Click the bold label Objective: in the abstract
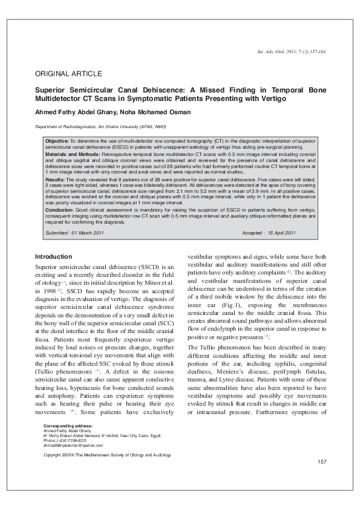(x=57, y=140)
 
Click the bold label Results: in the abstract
(x=56, y=180)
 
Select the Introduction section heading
(x=54, y=256)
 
